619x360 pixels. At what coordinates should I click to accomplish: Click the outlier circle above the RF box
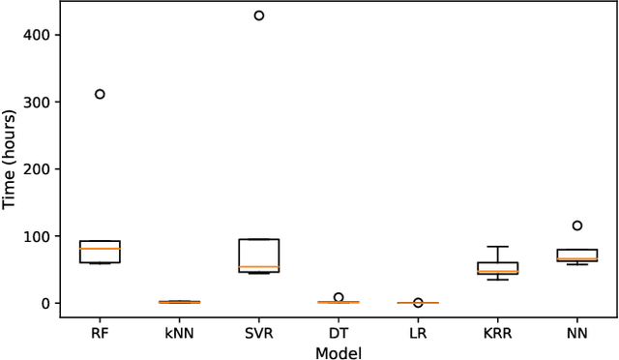point(100,94)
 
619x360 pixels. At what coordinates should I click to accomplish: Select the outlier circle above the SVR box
point(258,15)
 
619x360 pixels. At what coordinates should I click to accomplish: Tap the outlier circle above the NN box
point(577,225)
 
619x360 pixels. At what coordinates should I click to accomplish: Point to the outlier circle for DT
point(339,297)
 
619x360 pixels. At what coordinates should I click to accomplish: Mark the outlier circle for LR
point(418,302)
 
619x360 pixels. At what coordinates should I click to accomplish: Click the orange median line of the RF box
point(100,249)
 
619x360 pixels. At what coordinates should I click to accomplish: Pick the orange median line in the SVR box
point(258,266)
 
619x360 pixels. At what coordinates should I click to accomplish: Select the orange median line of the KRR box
point(498,272)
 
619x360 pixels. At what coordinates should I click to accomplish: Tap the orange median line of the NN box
point(577,258)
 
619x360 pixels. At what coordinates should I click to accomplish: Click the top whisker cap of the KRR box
point(498,247)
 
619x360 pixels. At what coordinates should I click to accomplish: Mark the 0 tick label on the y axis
point(44,304)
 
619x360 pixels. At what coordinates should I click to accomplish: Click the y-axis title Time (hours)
point(11,160)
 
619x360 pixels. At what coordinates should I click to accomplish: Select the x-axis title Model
point(339,352)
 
